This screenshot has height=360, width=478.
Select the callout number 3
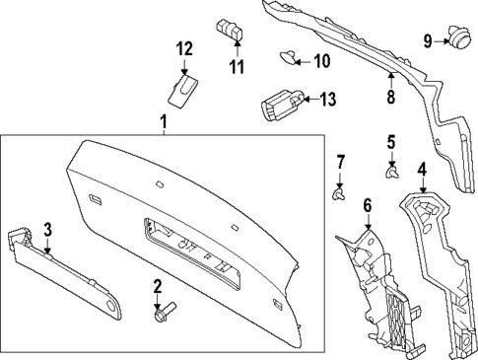pyautogui.click(x=46, y=229)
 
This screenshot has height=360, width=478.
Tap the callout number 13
pyautogui.click(x=328, y=99)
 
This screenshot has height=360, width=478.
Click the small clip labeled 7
pyautogui.click(x=340, y=193)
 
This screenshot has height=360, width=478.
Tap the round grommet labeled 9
pyautogui.click(x=457, y=38)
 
